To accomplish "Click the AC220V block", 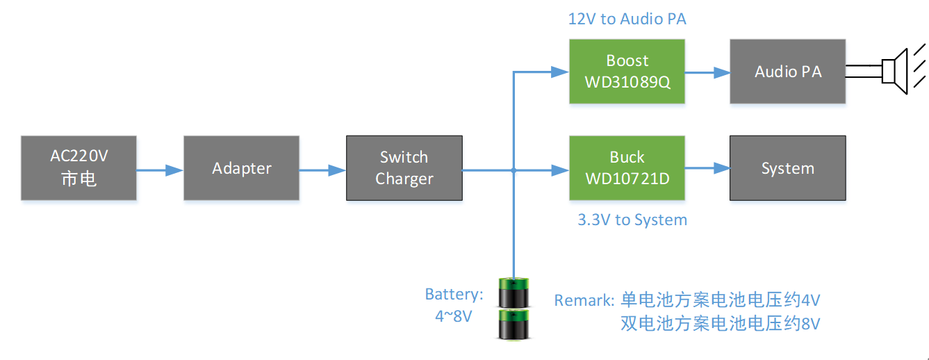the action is click(79, 168).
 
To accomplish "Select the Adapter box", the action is click(241, 168).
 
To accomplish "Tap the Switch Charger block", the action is click(404, 168).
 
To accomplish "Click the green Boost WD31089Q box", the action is click(627, 72).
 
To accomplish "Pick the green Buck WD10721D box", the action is click(627, 168).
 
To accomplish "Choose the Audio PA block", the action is click(787, 72).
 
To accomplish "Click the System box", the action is click(787, 168).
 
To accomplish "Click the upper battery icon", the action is click(513, 293).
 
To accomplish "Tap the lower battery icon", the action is click(513, 325).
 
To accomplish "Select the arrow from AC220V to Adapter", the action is click(160, 170).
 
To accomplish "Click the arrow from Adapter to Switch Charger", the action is click(322, 170).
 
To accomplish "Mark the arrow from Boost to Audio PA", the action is click(707, 72).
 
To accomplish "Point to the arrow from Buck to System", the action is click(707, 168).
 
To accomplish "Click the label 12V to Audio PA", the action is click(627, 19).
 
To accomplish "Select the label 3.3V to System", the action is click(632, 220).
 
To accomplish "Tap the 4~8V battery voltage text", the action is click(453, 316).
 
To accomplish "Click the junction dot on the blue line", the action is click(513, 170).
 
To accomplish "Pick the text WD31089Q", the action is click(627, 82).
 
